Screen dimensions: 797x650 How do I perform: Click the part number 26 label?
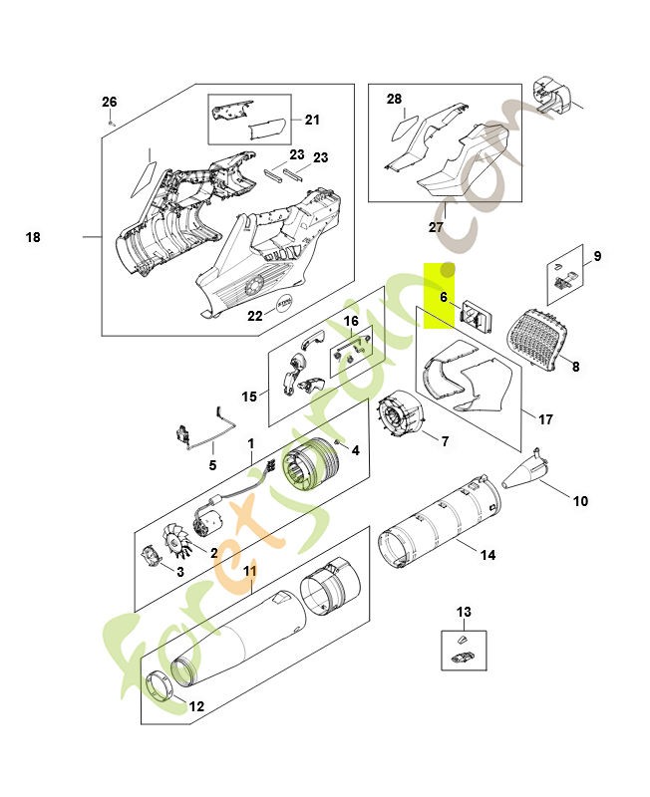[x=110, y=102]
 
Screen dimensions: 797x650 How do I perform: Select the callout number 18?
[x=33, y=237]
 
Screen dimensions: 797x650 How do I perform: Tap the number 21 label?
[x=312, y=121]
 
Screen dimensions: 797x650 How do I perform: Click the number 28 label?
[x=394, y=99]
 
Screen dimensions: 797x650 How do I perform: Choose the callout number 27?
[x=436, y=227]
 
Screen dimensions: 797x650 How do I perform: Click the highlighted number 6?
[x=444, y=297]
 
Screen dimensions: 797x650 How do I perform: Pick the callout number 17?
[x=545, y=419]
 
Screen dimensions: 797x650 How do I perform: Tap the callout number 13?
[x=464, y=612]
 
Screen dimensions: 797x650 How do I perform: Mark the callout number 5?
[x=211, y=464]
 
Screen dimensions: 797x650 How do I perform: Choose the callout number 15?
[x=249, y=397]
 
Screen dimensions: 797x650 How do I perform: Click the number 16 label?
[x=351, y=321]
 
